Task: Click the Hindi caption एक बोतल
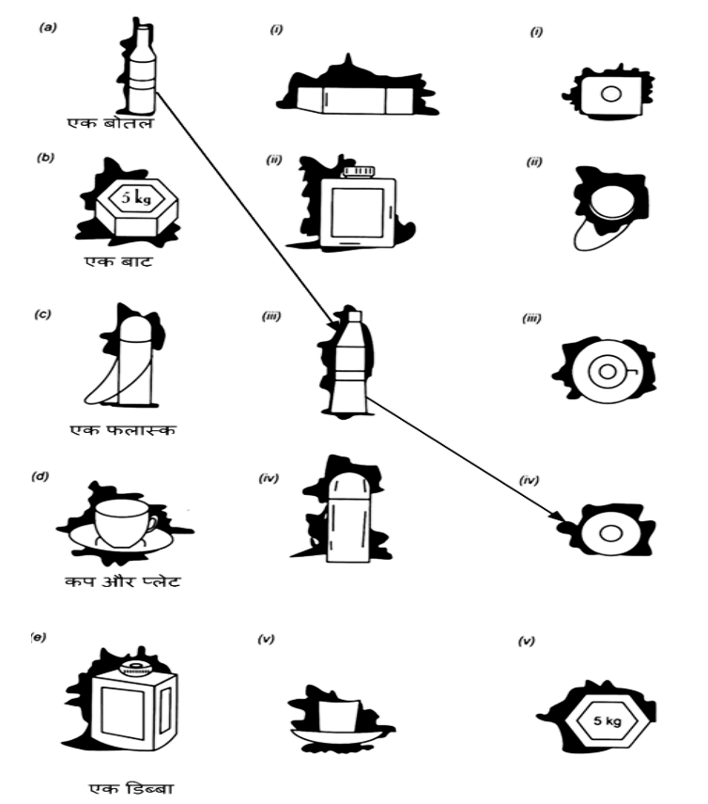click(x=110, y=122)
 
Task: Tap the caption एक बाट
click(x=119, y=261)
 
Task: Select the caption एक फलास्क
click(x=122, y=429)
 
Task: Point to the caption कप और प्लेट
click(x=123, y=581)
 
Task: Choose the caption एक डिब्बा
click(x=131, y=788)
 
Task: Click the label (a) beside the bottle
click(x=48, y=27)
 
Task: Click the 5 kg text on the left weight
click(x=136, y=196)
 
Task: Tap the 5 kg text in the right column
click(x=607, y=720)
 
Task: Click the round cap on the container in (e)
click(x=135, y=668)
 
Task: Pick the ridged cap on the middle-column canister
click(x=359, y=171)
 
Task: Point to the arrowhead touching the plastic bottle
click(x=331, y=319)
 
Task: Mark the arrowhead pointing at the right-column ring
click(x=557, y=516)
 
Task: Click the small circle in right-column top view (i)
click(x=610, y=94)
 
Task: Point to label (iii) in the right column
click(x=531, y=318)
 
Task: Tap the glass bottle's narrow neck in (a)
click(x=143, y=42)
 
